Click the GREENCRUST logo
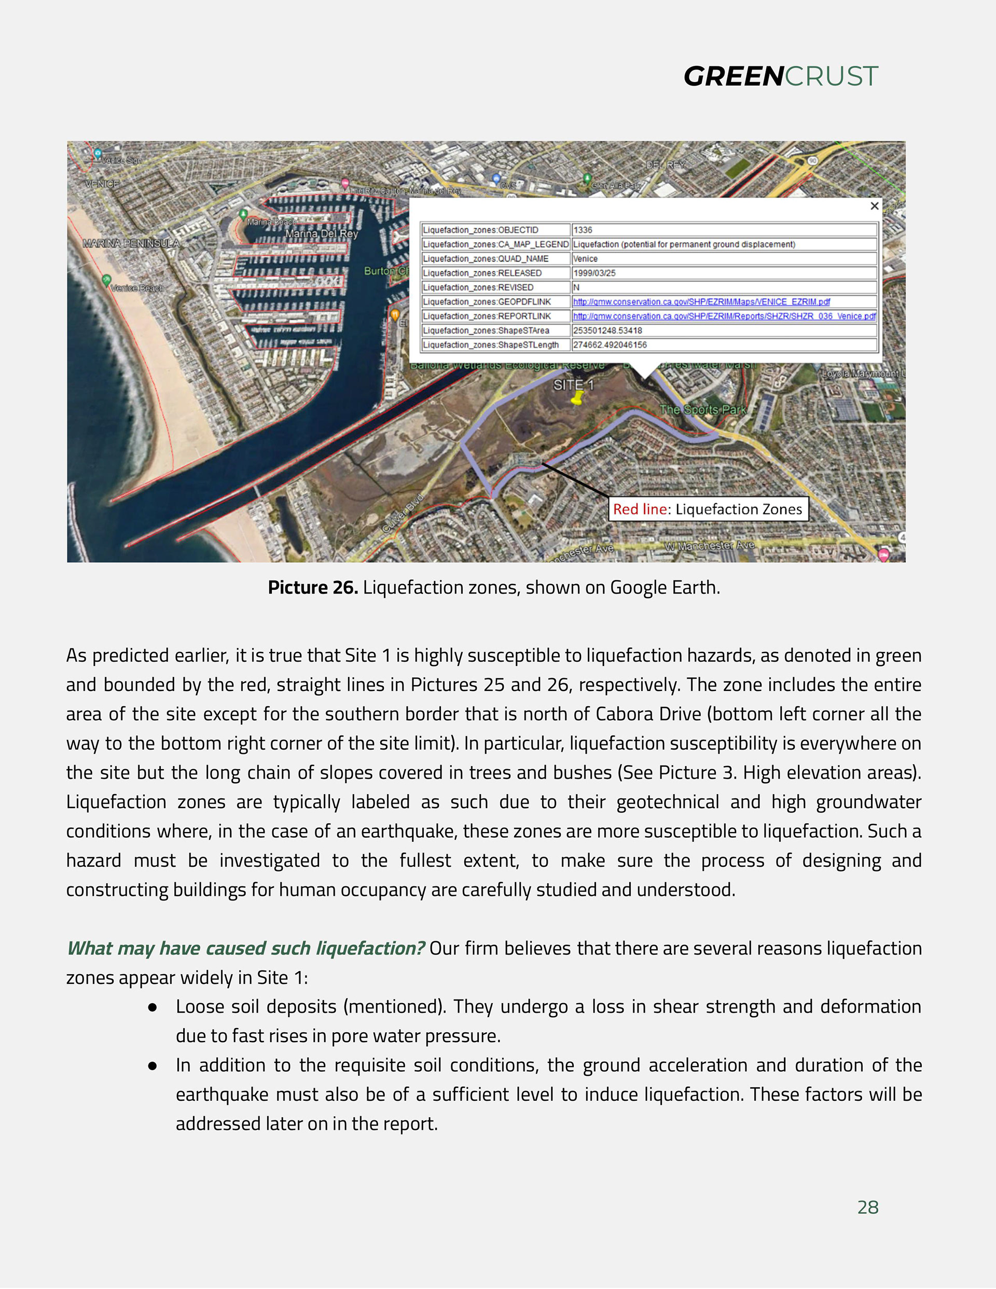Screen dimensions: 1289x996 coord(781,76)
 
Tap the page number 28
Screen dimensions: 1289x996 coord(867,1207)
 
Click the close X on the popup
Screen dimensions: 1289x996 coord(875,205)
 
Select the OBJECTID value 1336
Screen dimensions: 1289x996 coord(583,230)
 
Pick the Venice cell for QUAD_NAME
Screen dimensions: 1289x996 coord(586,258)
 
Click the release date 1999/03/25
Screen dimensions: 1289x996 coord(594,273)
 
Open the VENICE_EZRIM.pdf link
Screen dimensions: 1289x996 coord(701,301)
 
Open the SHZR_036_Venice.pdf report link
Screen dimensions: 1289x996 coord(724,316)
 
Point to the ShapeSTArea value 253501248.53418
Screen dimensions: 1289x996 coord(607,330)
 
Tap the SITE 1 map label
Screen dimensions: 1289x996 coord(573,385)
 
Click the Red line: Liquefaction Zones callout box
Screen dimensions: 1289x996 coord(708,509)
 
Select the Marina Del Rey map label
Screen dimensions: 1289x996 coord(322,234)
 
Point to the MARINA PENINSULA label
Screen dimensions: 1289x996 coord(131,243)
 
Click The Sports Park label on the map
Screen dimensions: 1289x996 coord(702,410)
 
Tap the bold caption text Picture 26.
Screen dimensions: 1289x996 coord(313,587)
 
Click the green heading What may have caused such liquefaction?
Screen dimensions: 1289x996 coord(245,948)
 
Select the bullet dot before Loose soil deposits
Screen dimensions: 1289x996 coord(153,1007)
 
